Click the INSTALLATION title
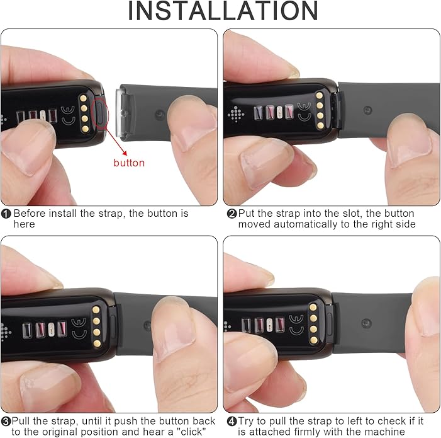pos(223,11)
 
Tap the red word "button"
pos(129,163)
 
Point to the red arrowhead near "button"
pos(124,153)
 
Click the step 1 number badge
pos(6,214)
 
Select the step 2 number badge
pos(232,214)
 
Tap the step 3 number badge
pos(6,422)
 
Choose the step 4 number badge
pos(232,422)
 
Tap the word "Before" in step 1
pos(30,213)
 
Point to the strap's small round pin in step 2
pos(367,110)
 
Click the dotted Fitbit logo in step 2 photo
pos(236,114)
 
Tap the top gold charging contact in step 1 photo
pos(83,98)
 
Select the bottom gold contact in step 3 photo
pos(96,343)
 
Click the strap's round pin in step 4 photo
pos(366,323)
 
